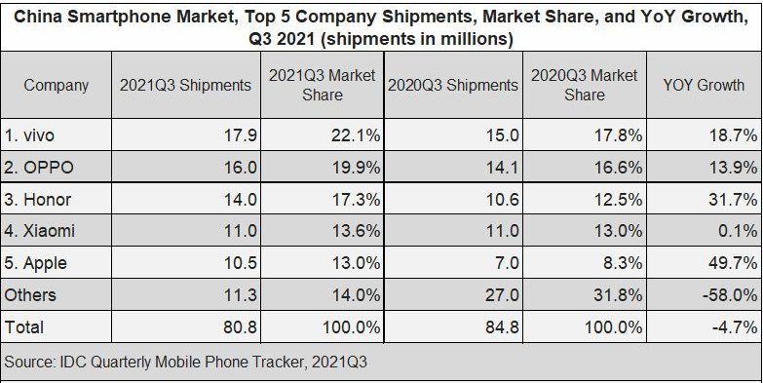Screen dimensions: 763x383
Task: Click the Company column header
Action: [x=56, y=86]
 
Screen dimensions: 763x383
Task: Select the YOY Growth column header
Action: [x=704, y=85]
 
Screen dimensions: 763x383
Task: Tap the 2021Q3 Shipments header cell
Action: [x=185, y=85]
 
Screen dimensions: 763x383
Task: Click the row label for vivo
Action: [x=28, y=135]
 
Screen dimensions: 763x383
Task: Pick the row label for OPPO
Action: [x=39, y=168]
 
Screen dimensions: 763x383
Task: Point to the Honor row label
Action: [x=37, y=200]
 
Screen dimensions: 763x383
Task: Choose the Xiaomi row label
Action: [x=39, y=231]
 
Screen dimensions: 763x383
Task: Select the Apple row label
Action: [x=35, y=263]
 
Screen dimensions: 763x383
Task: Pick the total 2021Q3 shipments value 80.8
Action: [x=240, y=327]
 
